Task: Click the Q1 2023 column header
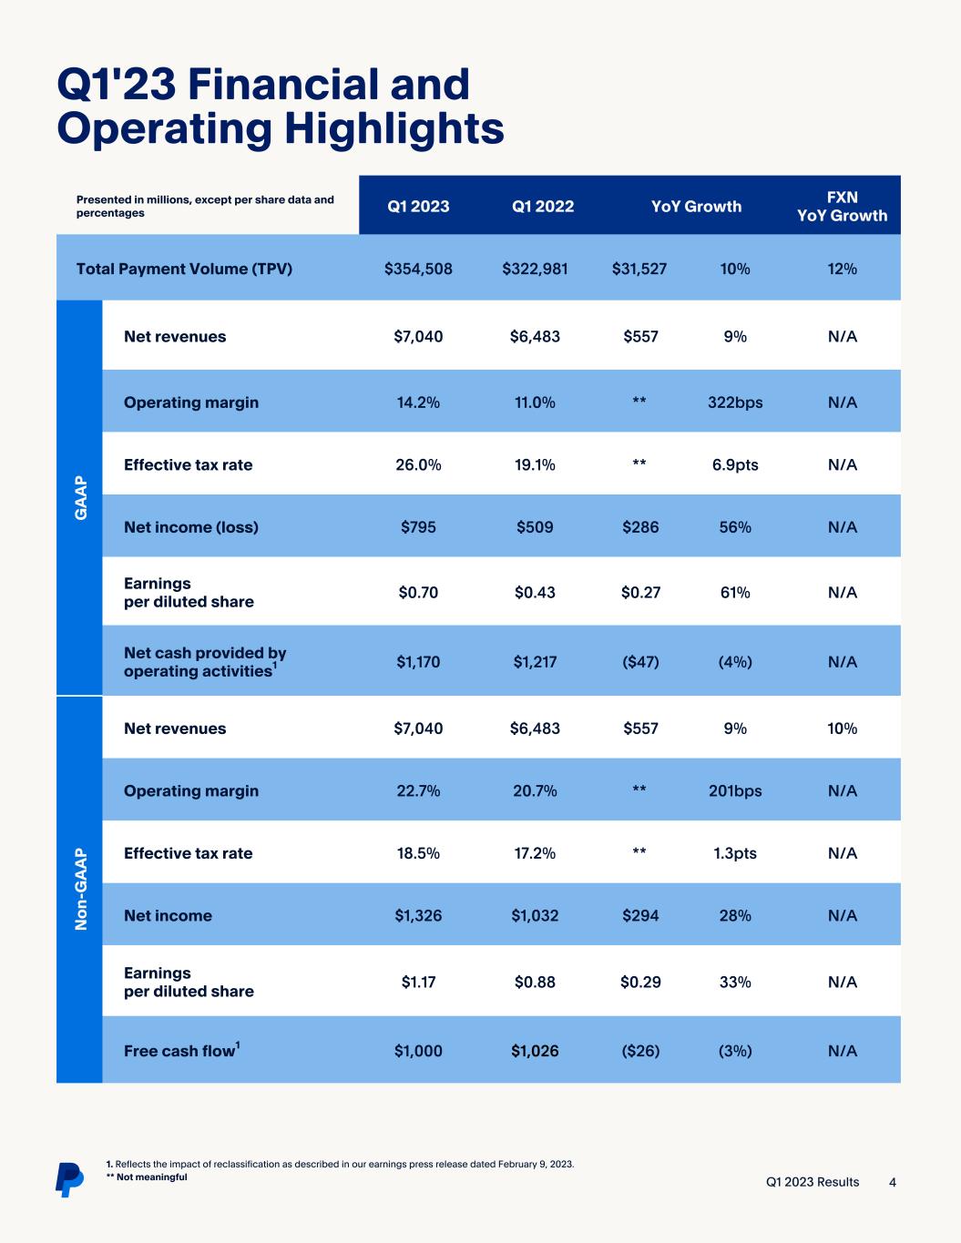pos(418,206)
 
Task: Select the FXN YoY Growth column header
pos(842,206)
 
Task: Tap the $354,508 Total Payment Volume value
pos(418,269)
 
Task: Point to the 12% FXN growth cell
pos(842,269)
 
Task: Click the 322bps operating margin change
pos(735,402)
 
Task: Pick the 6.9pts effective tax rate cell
pos(735,464)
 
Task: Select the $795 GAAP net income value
pos(418,527)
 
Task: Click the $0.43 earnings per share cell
pos(535,592)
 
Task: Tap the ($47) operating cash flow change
pos(640,662)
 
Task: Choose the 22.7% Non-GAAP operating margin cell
pos(418,790)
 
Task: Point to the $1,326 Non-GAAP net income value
pos(418,915)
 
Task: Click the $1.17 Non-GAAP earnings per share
pos(418,982)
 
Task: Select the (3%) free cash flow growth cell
pos(735,1051)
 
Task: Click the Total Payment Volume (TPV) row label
pos(184,269)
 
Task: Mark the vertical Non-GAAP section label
pos(80,889)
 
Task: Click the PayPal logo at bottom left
pos(68,1178)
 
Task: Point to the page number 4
pos(893,1182)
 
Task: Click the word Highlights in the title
pos(394,128)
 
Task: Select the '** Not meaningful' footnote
pos(147,1177)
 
